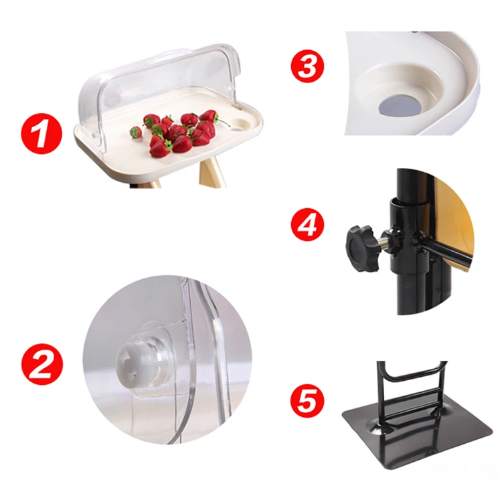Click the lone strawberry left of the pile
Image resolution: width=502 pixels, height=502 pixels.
[136, 132]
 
